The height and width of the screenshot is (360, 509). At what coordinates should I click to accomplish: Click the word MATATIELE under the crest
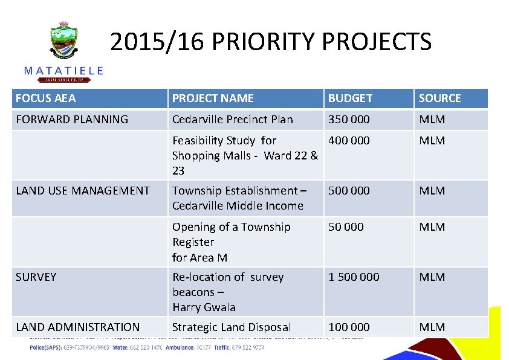63,71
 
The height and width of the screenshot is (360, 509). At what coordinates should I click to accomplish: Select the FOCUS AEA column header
46,98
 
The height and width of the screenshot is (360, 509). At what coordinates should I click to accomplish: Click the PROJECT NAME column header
213,98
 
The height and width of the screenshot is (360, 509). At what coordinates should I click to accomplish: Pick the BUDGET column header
351,98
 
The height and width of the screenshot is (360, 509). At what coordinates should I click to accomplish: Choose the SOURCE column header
439,98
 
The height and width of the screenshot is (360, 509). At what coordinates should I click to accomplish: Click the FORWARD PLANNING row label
72,119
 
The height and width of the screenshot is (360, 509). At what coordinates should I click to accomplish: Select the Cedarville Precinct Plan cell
232,119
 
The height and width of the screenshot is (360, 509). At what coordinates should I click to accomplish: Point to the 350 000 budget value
349,119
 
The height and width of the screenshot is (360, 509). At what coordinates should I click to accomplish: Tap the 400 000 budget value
349,140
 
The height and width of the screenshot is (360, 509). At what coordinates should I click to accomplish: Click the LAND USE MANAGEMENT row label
83,190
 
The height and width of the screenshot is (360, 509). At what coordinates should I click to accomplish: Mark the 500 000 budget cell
349,190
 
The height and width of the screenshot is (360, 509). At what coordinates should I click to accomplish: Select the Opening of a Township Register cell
231,242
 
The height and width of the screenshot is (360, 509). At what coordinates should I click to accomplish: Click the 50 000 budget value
346,227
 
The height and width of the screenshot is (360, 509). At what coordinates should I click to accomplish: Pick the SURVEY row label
36,277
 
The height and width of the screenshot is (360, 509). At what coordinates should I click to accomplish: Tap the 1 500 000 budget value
354,277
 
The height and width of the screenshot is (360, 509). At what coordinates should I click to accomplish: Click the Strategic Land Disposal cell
232,327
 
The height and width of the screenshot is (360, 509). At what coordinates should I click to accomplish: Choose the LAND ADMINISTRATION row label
77,327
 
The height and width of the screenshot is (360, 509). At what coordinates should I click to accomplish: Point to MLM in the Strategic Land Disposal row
432,327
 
